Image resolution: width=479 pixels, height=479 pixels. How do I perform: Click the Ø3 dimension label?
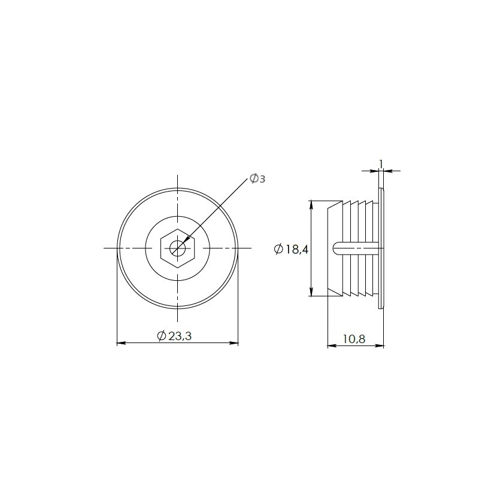click(x=257, y=178)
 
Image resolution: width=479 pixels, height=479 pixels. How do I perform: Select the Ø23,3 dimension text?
click(x=174, y=336)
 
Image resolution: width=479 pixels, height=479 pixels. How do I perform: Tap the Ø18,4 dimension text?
click(x=292, y=249)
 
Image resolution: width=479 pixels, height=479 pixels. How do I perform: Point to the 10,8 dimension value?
click(x=354, y=339)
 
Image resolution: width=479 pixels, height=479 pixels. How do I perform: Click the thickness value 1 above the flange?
click(x=381, y=164)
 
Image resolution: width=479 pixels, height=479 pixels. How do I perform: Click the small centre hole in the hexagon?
click(x=177, y=248)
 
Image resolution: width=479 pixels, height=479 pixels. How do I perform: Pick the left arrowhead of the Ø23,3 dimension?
click(x=122, y=343)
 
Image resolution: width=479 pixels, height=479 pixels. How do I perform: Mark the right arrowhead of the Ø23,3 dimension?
click(x=234, y=343)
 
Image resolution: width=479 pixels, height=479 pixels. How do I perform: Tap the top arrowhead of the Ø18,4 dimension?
click(x=311, y=205)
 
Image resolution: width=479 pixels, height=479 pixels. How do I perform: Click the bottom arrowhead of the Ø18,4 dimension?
click(x=311, y=292)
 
